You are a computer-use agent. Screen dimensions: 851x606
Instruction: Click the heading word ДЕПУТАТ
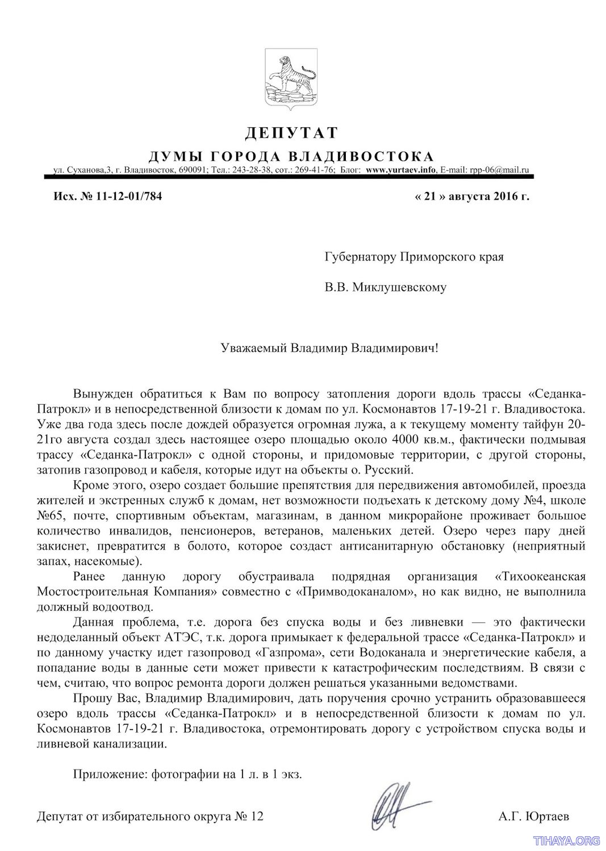click(291, 133)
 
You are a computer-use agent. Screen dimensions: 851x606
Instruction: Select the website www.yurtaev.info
click(400, 169)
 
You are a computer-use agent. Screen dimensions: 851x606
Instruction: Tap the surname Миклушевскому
click(399, 287)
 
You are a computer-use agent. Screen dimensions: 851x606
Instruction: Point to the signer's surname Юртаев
click(549, 816)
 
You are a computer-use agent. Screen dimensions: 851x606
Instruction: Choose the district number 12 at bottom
click(257, 816)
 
